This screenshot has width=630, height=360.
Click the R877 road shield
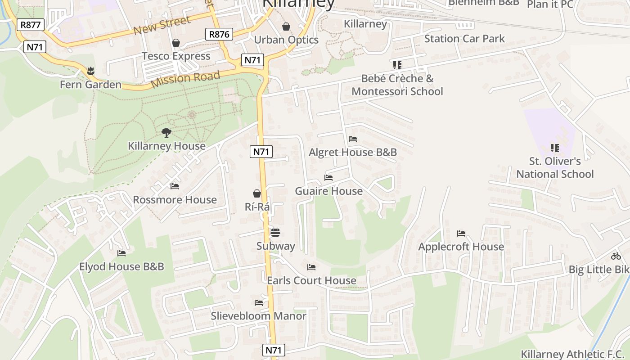click(x=31, y=25)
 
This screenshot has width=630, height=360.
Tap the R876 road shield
click(x=219, y=34)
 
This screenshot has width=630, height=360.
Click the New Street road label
click(x=162, y=25)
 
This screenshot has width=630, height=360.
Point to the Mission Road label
click(x=185, y=79)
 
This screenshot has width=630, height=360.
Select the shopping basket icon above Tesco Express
click(x=176, y=43)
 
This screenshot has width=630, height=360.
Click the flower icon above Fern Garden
click(x=91, y=71)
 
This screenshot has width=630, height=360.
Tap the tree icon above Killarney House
click(x=166, y=132)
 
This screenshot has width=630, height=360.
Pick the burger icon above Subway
click(x=275, y=233)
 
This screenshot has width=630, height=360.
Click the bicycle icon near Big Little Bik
click(x=616, y=256)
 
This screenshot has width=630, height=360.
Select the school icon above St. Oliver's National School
click(x=555, y=148)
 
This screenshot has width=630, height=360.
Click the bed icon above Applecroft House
click(x=461, y=233)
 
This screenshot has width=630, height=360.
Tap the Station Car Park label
click(x=464, y=39)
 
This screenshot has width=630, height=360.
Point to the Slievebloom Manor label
click(x=259, y=316)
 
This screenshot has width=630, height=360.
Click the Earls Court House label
click(x=311, y=280)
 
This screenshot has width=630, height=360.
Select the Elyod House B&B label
click(x=121, y=266)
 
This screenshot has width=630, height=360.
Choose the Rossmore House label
click(x=175, y=199)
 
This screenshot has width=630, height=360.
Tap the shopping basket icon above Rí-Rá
click(x=257, y=193)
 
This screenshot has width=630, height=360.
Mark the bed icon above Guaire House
click(x=328, y=178)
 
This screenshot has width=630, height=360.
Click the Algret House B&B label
click(x=353, y=152)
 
